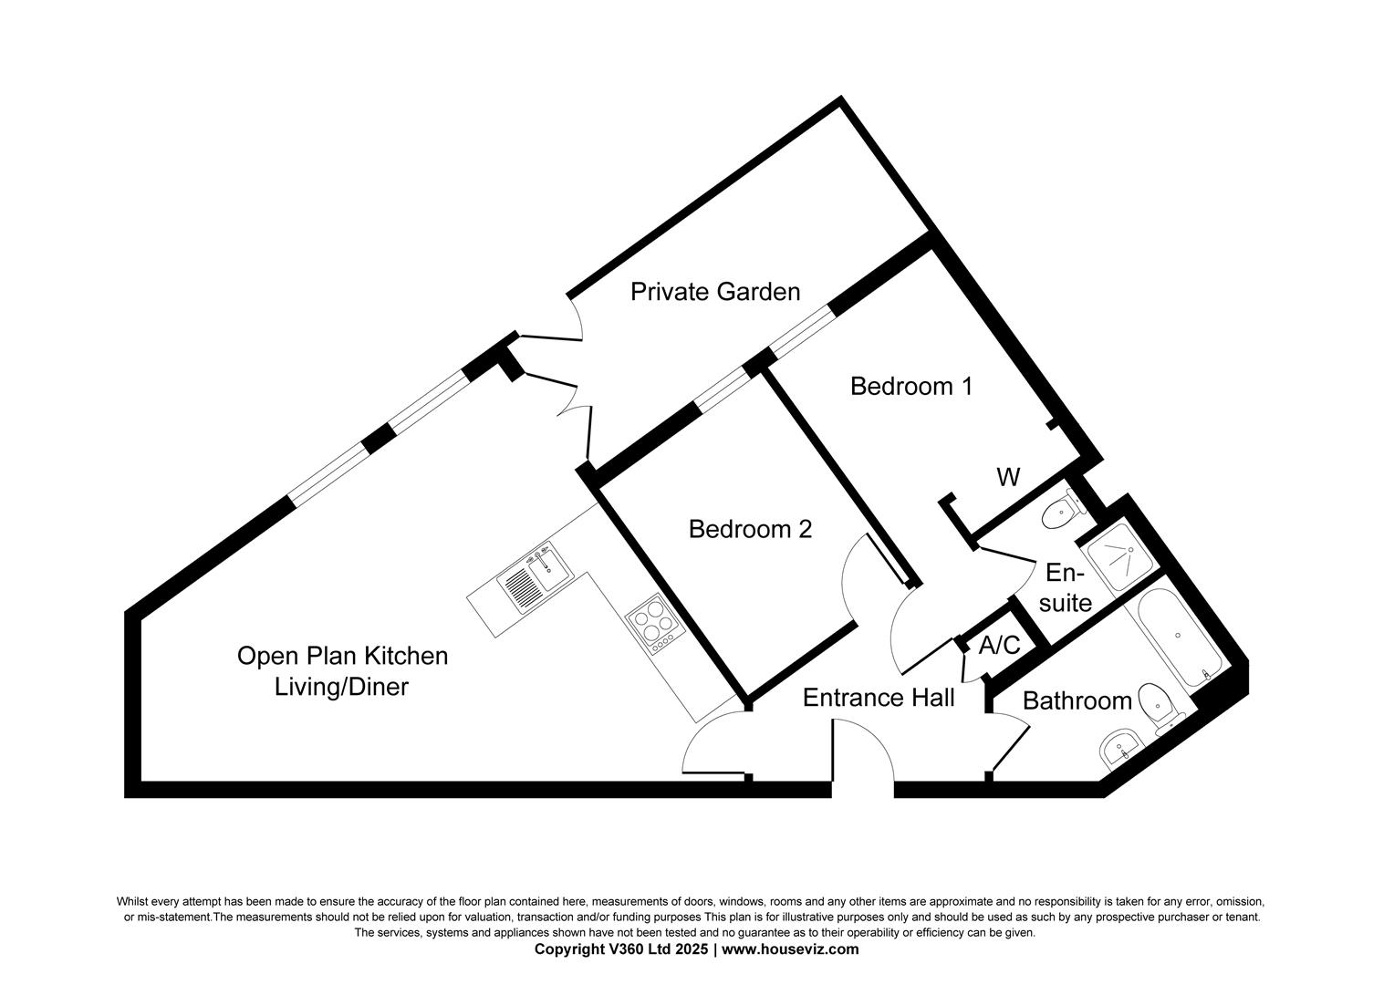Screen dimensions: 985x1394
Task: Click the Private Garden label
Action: [x=715, y=292]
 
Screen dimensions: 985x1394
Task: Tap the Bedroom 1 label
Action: [x=910, y=386]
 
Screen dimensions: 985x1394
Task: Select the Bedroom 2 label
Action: [x=750, y=529]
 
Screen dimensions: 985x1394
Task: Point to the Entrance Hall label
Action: [x=879, y=698]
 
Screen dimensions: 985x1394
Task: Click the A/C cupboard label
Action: [x=999, y=646]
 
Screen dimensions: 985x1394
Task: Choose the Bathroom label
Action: [x=1077, y=700]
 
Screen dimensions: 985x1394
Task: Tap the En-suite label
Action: [x=1065, y=588]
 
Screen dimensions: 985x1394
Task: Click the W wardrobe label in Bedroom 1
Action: [x=1008, y=477]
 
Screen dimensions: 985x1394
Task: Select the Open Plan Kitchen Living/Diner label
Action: [x=342, y=670]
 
